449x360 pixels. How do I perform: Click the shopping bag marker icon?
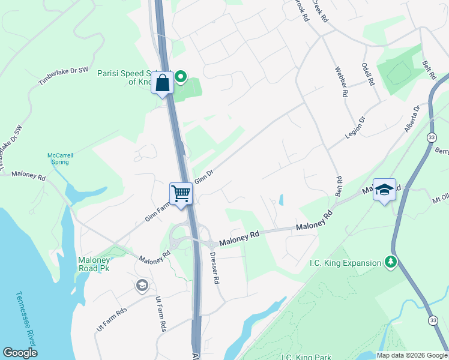pyautogui.click(x=163, y=83)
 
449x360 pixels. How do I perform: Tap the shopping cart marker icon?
pyautogui.click(x=181, y=193)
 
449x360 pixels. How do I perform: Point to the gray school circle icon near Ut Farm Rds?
pyautogui.click(x=142, y=285)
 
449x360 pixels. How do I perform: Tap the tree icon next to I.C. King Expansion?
pyautogui.click(x=391, y=262)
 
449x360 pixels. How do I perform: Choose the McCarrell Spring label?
pyautogui.click(x=61, y=158)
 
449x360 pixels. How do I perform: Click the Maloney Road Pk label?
pyautogui.click(x=94, y=264)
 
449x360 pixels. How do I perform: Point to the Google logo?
pyautogui.click(x=20, y=353)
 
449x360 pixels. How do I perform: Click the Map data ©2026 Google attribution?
pyautogui.click(x=412, y=355)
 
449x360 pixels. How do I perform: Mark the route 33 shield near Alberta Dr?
pyautogui.click(x=432, y=137)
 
